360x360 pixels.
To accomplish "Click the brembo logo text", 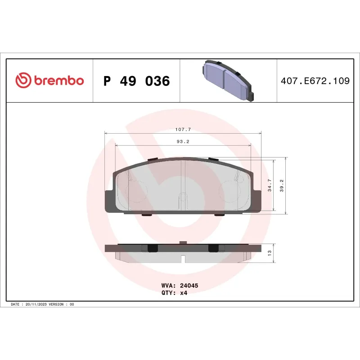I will (58, 81).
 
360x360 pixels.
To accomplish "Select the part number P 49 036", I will (136, 81).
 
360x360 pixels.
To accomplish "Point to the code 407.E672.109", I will (315, 81).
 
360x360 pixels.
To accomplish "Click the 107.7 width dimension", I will (183, 130).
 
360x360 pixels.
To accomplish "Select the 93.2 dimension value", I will (183, 141).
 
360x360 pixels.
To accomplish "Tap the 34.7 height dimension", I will (270, 185).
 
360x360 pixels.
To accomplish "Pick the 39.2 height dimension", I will (282, 185).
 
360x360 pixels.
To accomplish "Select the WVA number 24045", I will (189, 286).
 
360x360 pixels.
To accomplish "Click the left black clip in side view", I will (152, 248).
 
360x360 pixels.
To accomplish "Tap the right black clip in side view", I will (213, 248).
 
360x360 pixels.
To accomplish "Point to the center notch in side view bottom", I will (183, 259).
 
